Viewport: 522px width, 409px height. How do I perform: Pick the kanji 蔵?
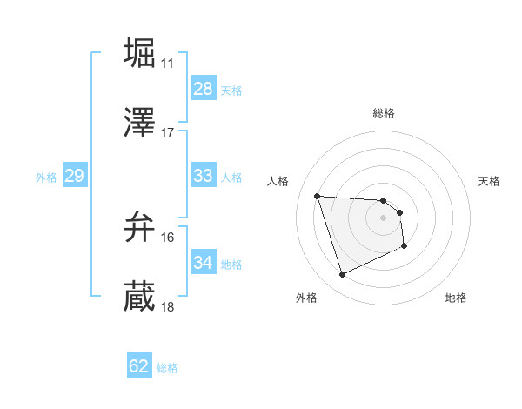click(140, 296)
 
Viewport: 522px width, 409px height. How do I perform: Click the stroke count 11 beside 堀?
click(167, 64)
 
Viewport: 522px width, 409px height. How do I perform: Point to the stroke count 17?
click(167, 133)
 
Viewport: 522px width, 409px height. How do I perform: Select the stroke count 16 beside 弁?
click(167, 238)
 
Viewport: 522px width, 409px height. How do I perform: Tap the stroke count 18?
click(167, 307)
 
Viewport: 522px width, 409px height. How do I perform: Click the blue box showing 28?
click(203, 89)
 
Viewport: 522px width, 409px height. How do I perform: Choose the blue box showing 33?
click(203, 176)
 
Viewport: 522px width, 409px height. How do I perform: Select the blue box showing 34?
click(203, 263)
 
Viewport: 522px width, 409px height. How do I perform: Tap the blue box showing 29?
click(74, 177)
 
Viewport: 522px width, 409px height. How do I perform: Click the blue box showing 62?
click(139, 366)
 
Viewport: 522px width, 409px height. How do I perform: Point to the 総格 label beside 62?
click(167, 368)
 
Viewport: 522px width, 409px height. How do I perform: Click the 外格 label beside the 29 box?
click(46, 178)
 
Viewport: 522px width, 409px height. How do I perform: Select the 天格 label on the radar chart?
click(490, 181)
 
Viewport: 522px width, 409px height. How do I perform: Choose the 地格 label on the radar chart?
click(456, 298)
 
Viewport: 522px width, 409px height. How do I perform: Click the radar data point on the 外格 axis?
click(342, 275)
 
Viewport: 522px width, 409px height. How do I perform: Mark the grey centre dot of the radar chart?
click(383, 218)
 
